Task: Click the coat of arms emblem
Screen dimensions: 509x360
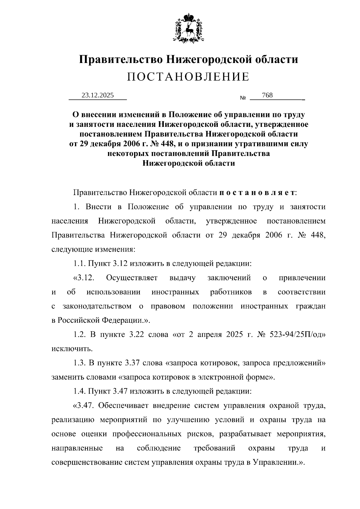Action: tap(188, 27)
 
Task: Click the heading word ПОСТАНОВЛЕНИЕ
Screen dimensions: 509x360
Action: tap(188, 77)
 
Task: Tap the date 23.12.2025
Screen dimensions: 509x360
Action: tap(98, 95)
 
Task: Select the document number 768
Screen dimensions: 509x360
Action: tap(267, 95)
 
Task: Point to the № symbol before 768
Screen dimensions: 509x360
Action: tap(243, 98)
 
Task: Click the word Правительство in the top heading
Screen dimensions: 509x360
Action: tap(121, 59)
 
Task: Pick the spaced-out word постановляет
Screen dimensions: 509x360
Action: tap(257, 192)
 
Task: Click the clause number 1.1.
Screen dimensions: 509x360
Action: tap(79, 263)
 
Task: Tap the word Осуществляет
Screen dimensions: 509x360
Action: tap(132, 278)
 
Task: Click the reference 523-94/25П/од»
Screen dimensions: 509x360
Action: tap(298, 334)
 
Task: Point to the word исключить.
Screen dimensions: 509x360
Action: tap(72, 349)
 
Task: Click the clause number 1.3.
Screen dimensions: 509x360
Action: tap(79, 363)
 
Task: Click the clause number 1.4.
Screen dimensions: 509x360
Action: tap(79, 391)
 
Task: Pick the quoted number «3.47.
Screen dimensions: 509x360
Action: tap(84, 406)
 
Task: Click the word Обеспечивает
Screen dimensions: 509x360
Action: tap(124, 406)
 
